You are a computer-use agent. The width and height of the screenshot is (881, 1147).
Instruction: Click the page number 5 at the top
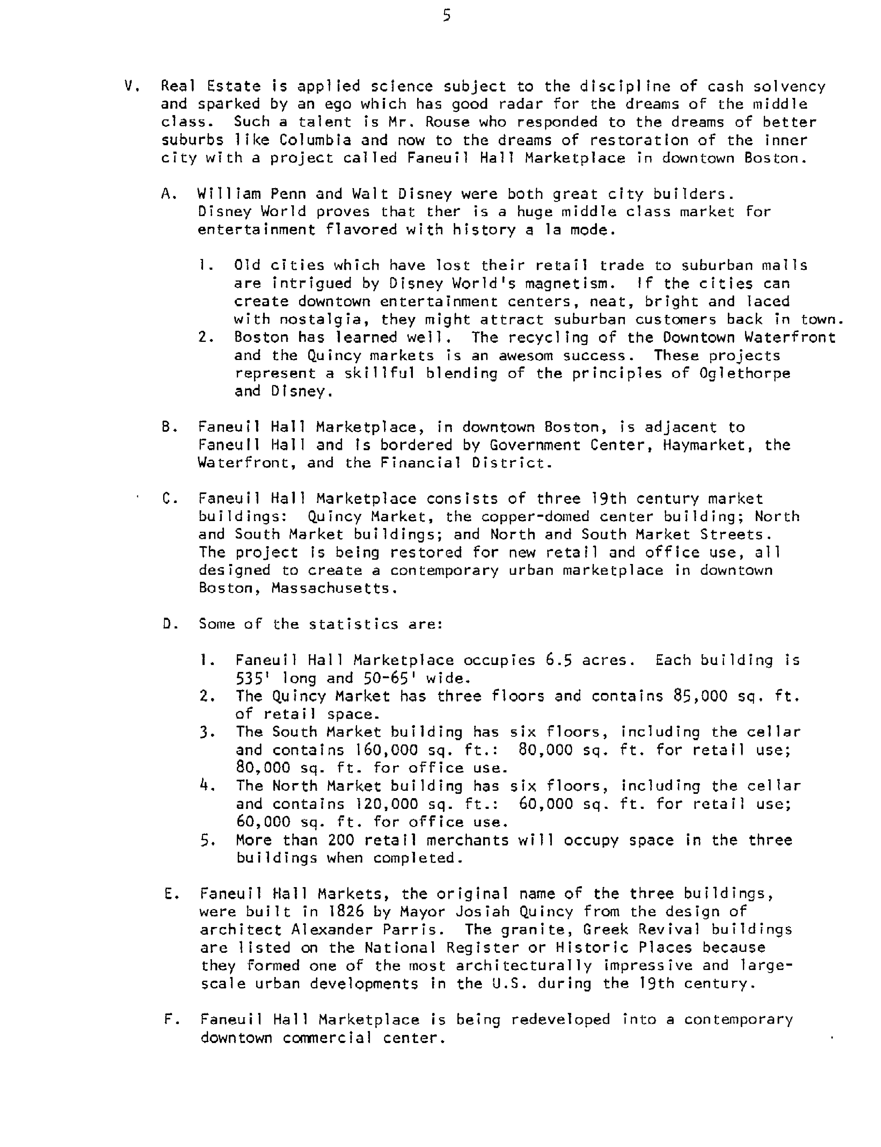click(x=446, y=16)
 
